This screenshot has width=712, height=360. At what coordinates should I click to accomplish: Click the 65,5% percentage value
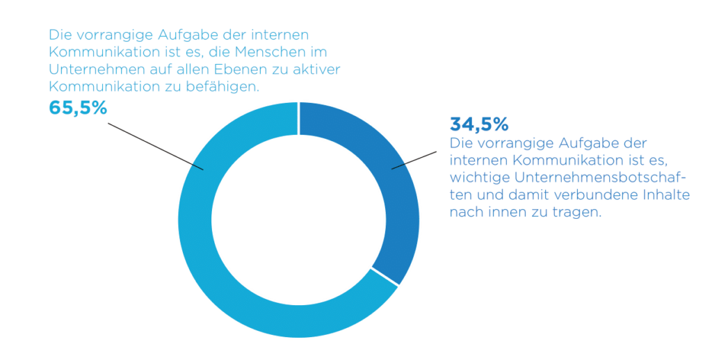[x=77, y=108]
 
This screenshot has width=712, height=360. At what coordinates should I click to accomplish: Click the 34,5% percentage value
[x=479, y=125]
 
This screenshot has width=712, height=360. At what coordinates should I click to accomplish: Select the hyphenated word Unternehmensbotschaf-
[x=604, y=178]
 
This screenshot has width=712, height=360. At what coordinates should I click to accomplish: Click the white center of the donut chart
[x=299, y=220]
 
